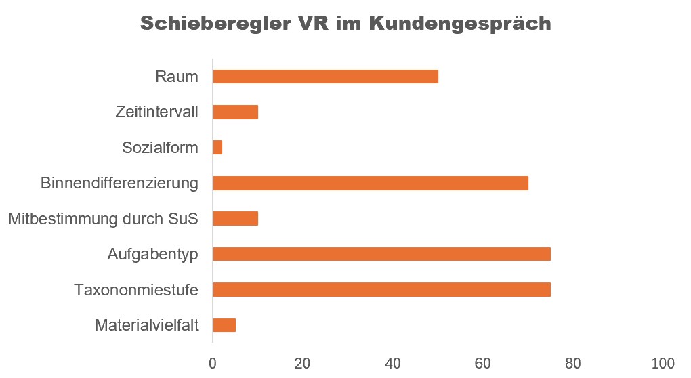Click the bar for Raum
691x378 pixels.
pyautogui.click(x=325, y=77)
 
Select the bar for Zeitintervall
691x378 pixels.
pyautogui.click(x=236, y=112)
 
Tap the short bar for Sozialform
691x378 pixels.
pyautogui.click(x=217, y=148)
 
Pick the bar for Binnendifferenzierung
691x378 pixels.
pyautogui.click(x=370, y=183)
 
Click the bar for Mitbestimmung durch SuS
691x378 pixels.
pyautogui.click(x=236, y=219)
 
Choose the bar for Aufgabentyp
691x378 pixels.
pyautogui.click(x=381, y=254)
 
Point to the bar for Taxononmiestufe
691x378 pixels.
pyautogui.click(x=381, y=290)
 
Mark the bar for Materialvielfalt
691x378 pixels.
pyautogui.click(x=224, y=325)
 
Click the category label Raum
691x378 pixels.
pyautogui.click(x=177, y=77)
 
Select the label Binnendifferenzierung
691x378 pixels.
pyautogui.click(x=119, y=183)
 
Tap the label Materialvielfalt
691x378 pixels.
pyautogui.click(x=147, y=326)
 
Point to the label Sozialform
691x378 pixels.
pyautogui.click(x=160, y=148)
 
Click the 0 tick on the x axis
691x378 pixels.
pyautogui.click(x=213, y=362)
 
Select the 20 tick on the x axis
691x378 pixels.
pyautogui.click(x=303, y=362)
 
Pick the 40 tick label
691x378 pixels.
pyautogui.click(x=393, y=362)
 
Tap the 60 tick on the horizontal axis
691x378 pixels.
pyautogui.click(x=483, y=362)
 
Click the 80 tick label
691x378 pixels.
pyautogui.click(x=573, y=362)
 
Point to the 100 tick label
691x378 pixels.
pyautogui.click(x=663, y=362)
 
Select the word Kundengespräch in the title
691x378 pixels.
pyautogui.click(x=461, y=24)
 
